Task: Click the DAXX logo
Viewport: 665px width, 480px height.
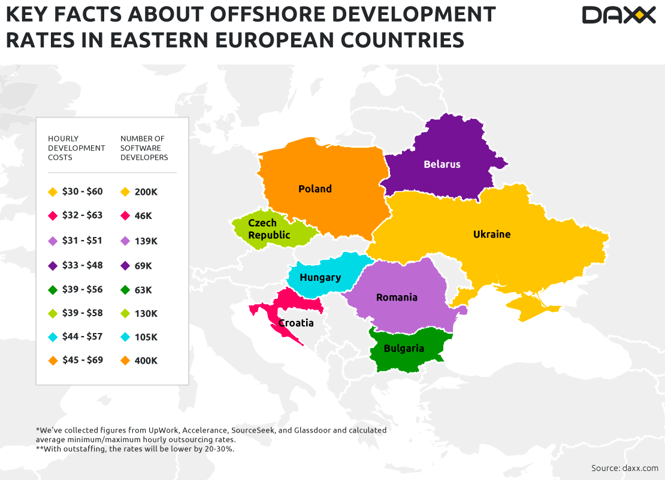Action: pyautogui.click(x=618, y=15)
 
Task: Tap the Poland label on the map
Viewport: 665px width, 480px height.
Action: pyautogui.click(x=315, y=189)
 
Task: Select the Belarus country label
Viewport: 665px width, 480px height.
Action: pyautogui.click(x=442, y=164)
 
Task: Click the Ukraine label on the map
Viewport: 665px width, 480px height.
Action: pyautogui.click(x=492, y=235)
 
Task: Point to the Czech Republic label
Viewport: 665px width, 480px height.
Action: pyautogui.click(x=269, y=229)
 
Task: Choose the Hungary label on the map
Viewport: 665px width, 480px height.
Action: pyautogui.click(x=321, y=278)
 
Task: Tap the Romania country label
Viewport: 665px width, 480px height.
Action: pyautogui.click(x=397, y=298)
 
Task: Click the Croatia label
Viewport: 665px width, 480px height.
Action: pyautogui.click(x=296, y=323)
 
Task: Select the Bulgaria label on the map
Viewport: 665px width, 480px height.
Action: pyautogui.click(x=404, y=349)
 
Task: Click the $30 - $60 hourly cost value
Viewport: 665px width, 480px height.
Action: pyautogui.click(x=83, y=192)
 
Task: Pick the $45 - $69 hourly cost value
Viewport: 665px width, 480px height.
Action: pyautogui.click(x=83, y=361)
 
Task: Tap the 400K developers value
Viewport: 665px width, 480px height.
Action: pyautogui.click(x=146, y=361)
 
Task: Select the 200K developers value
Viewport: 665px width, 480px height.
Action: pyautogui.click(x=146, y=192)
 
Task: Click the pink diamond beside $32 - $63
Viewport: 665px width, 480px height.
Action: pyautogui.click(x=53, y=216)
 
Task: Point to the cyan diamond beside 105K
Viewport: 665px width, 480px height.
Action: pyautogui.click(x=125, y=338)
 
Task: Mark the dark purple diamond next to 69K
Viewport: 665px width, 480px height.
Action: pyautogui.click(x=125, y=266)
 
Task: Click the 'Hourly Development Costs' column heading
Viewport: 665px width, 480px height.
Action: pyautogui.click(x=77, y=148)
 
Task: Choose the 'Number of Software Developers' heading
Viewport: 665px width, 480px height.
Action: pyautogui.click(x=144, y=148)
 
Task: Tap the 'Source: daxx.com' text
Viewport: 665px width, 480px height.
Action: pyautogui.click(x=624, y=468)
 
